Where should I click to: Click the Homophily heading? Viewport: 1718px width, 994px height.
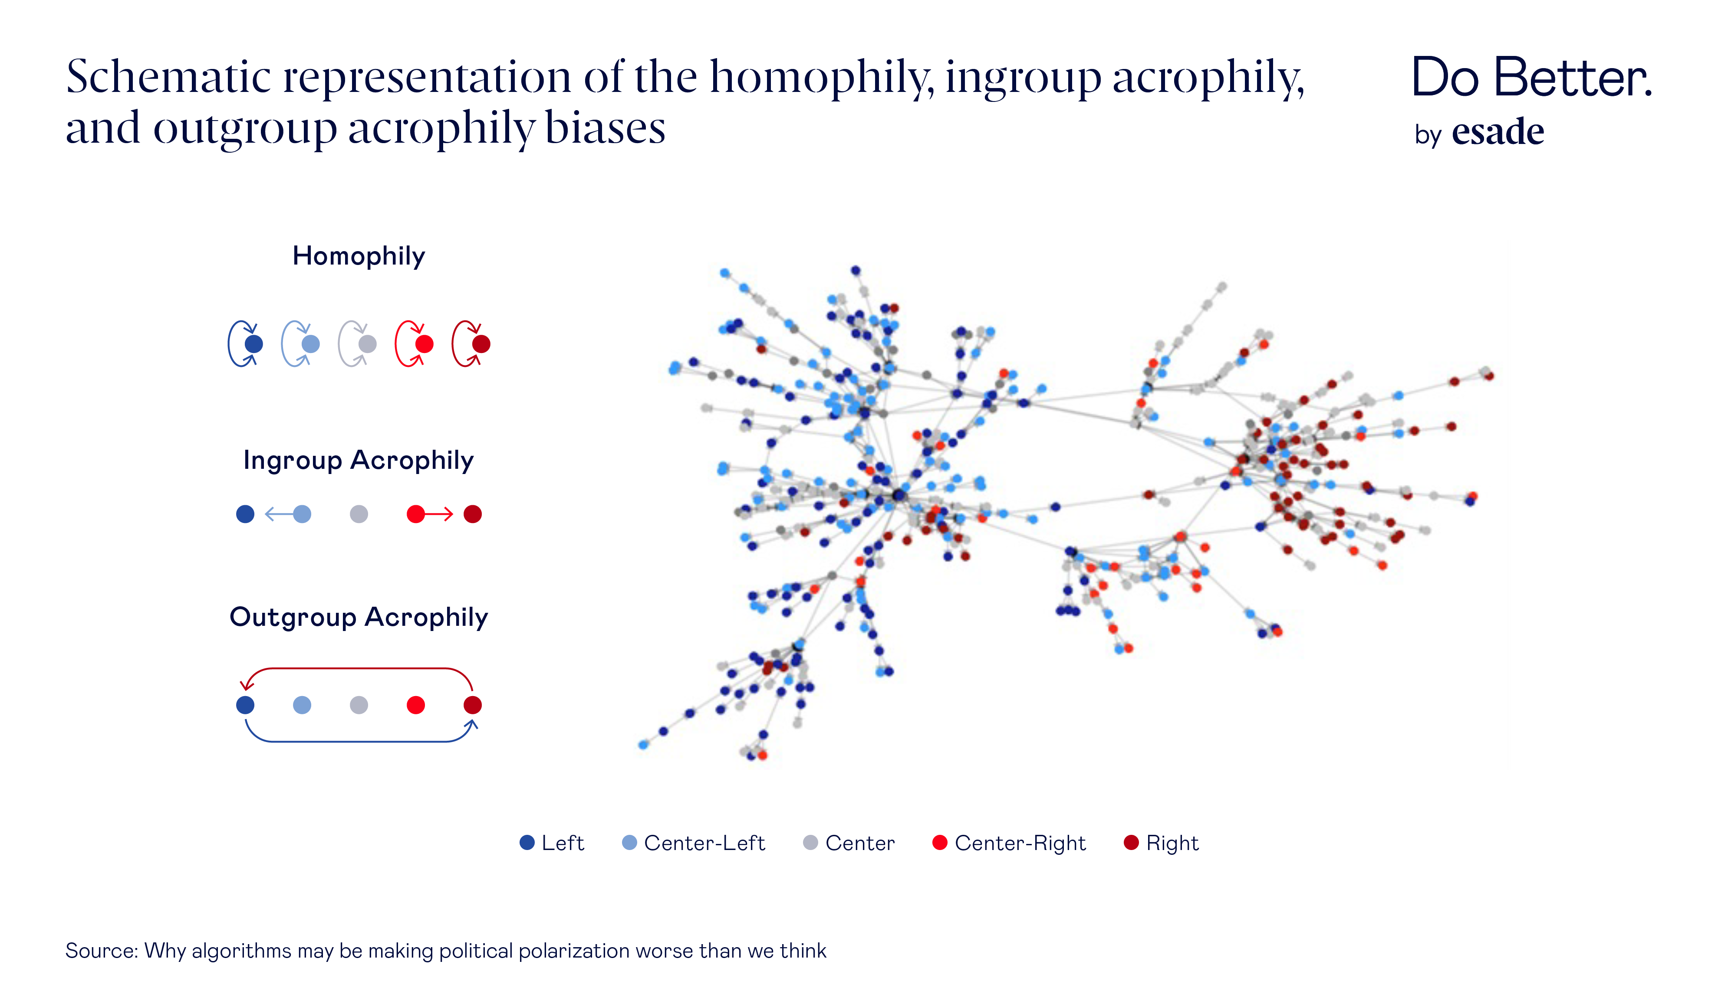359,256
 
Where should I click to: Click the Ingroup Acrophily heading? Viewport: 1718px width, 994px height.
358,461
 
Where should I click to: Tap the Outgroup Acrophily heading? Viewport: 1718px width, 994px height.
359,617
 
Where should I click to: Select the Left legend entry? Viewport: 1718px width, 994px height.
552,844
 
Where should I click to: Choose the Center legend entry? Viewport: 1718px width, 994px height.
849,844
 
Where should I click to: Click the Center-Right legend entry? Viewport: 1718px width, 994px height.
1010,844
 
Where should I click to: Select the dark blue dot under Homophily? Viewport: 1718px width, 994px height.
253,344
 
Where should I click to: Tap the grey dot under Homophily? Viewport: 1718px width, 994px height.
368,344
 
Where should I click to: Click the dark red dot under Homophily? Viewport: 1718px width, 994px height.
481,344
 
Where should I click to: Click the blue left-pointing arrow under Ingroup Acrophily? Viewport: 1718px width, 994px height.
278,514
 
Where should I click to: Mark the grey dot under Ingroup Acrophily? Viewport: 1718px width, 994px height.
359,514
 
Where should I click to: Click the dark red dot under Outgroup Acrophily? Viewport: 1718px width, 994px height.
472,705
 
